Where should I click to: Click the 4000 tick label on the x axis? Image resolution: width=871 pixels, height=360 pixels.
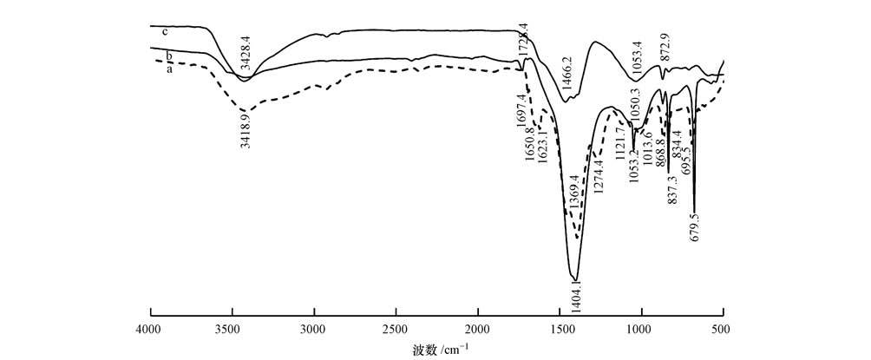(151, 329)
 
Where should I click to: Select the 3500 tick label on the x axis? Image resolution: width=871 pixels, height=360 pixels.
(232, 329)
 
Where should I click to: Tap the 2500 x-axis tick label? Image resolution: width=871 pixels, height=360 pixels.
(396, 329)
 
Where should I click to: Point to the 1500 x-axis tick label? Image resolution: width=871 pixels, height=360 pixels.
(560, 329)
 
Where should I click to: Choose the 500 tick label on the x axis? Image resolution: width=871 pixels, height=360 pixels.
(723, 329)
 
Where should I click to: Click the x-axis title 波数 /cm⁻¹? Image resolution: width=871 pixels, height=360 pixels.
(438, 350)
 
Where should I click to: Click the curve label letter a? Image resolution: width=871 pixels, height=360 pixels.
(169, 70)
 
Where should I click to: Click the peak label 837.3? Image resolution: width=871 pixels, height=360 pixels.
(673, 187)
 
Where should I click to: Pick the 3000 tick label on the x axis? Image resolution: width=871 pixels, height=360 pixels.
(314, 329)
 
